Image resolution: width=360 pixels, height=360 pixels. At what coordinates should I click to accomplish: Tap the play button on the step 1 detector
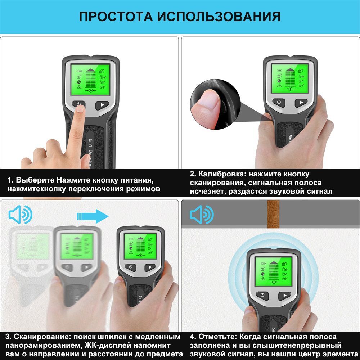[102, 105]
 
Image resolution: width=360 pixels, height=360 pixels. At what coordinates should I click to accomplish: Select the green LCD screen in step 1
[90, 79]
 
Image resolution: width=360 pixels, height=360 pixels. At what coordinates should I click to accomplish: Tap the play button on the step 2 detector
[301, 102]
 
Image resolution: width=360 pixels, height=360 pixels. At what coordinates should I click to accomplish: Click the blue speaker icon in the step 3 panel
[21, 215]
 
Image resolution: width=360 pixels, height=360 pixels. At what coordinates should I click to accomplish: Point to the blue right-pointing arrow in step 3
[93, 216]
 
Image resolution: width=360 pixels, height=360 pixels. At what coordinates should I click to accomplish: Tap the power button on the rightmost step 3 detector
[130, 267]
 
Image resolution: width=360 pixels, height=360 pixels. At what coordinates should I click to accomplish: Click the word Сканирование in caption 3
[41, 337]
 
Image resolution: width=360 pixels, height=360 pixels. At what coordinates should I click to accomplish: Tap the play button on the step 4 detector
[285, 296]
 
